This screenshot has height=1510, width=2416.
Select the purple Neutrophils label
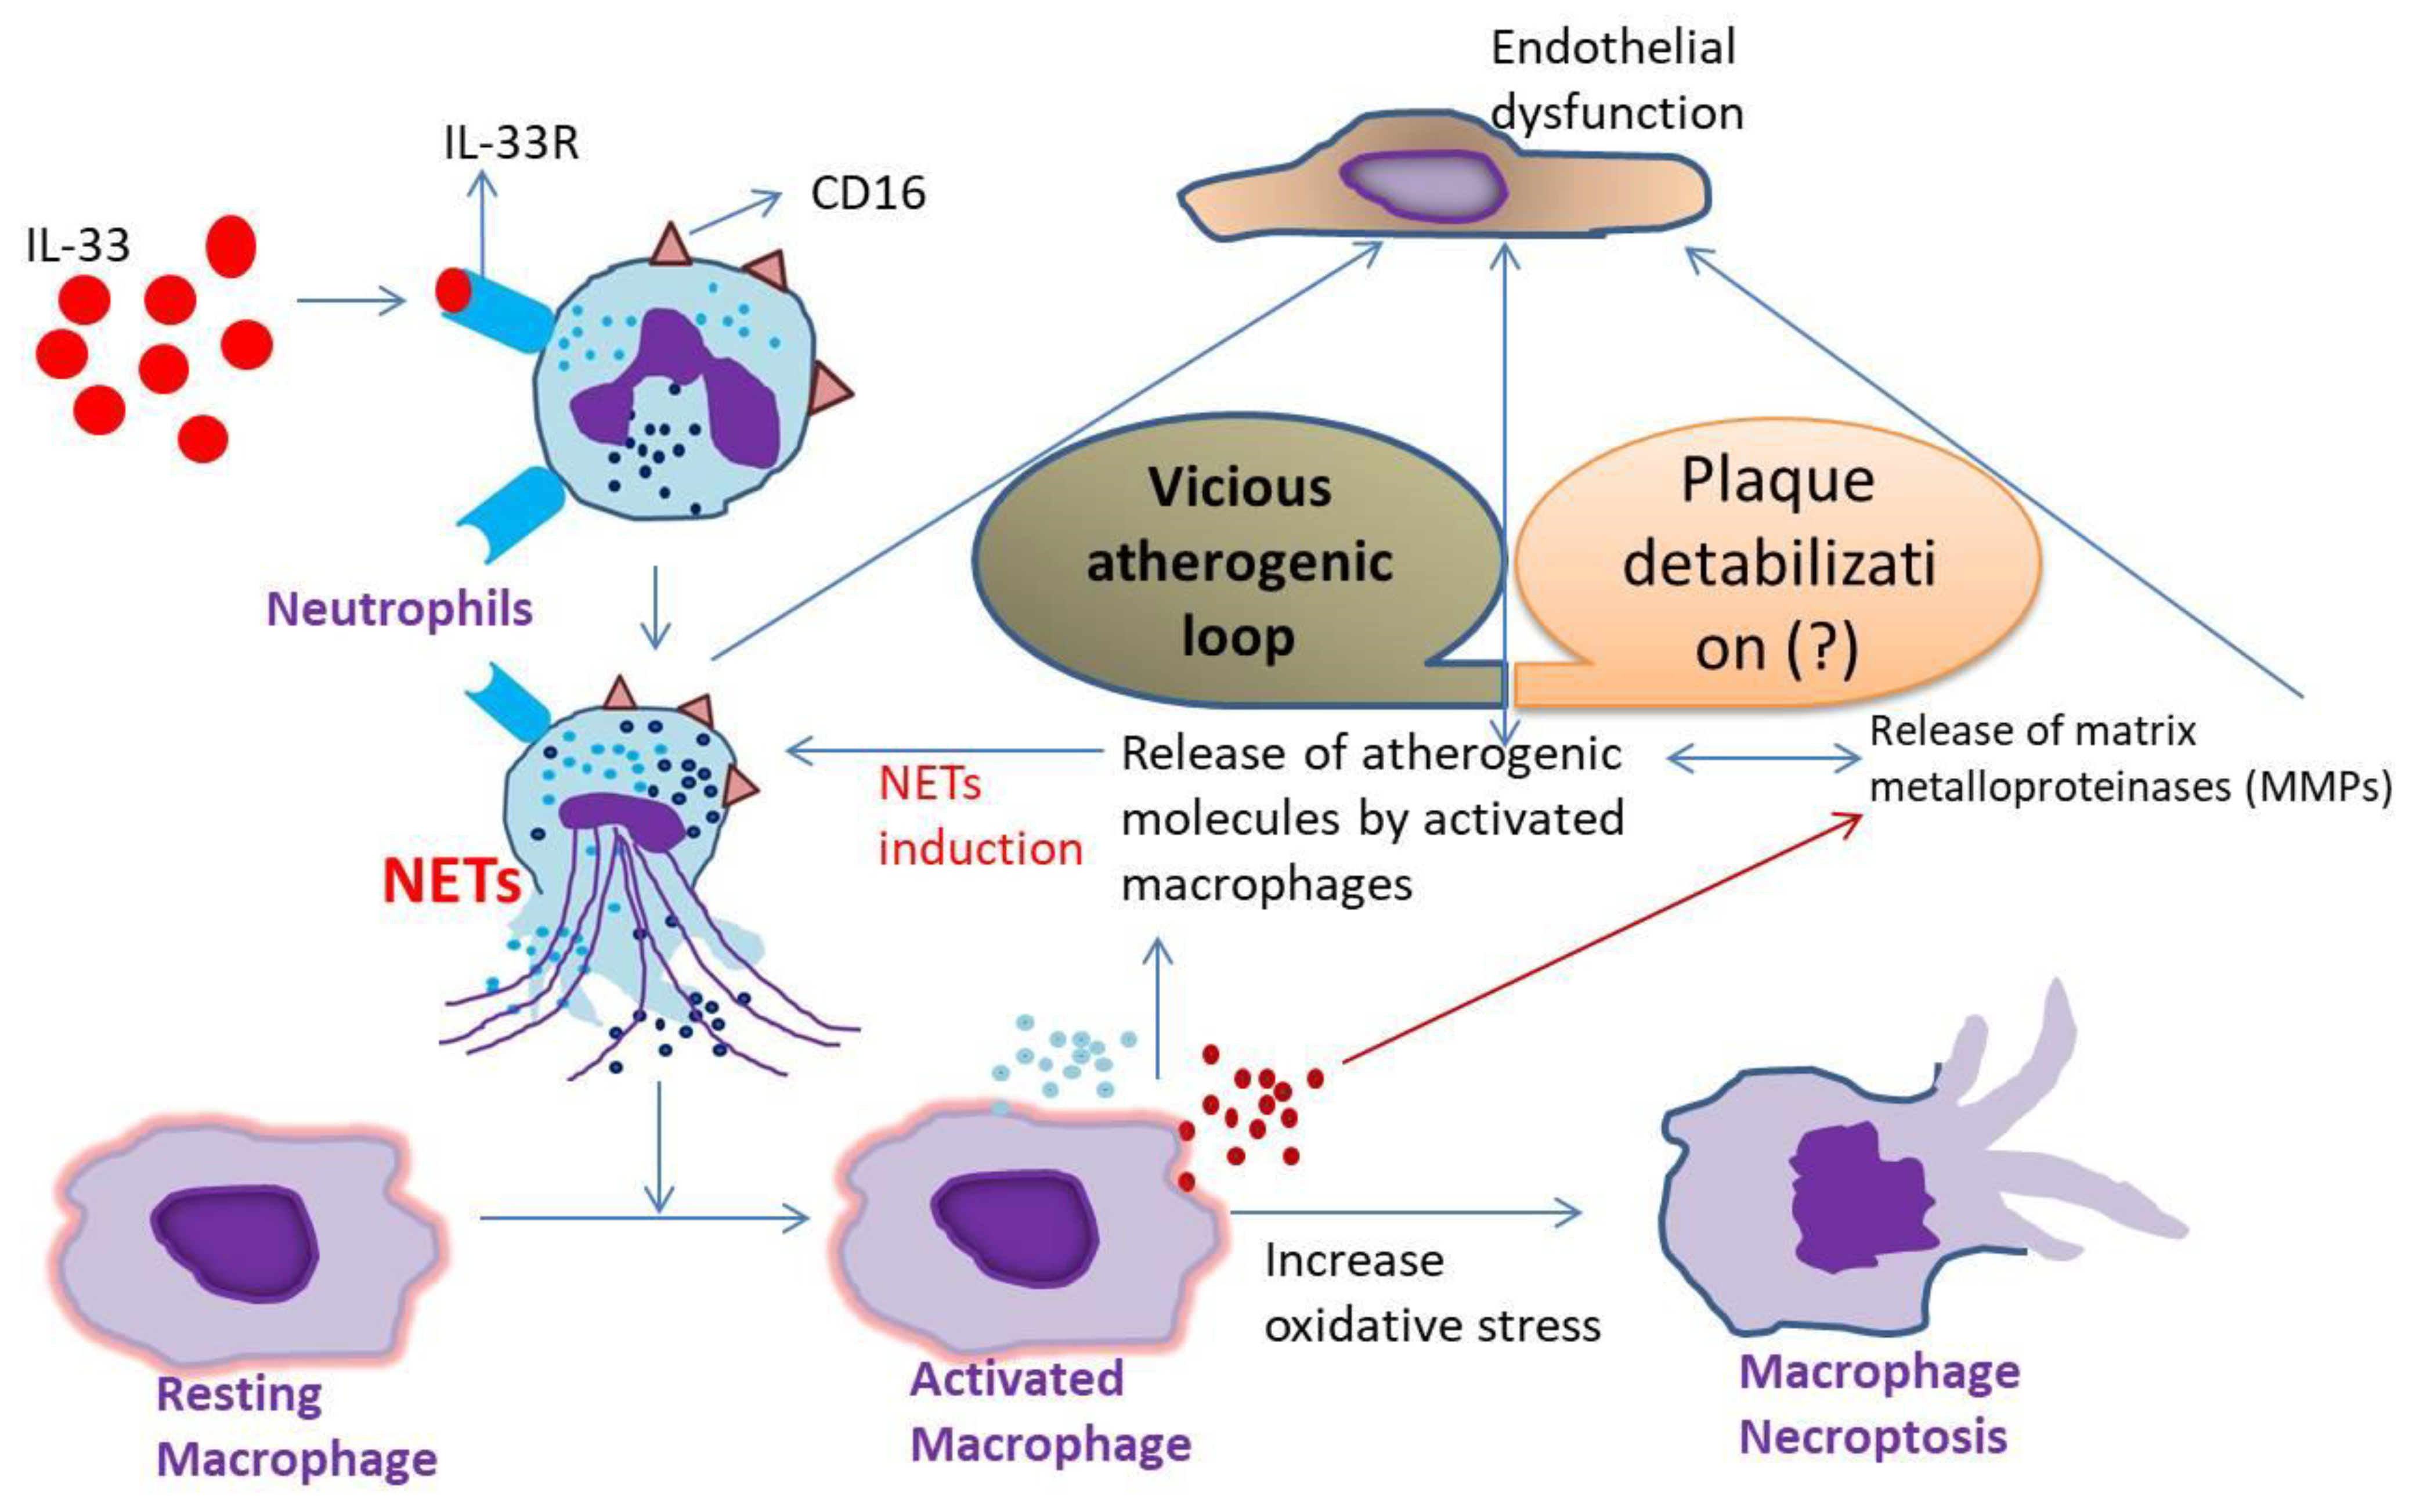point(399,609)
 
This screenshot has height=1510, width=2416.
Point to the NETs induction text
point(978,817)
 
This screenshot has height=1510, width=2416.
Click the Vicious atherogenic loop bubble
point(1238,561)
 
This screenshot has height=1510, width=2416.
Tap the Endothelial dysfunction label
point(1615,80)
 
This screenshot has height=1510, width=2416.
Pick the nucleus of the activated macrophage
point(1013,1226)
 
